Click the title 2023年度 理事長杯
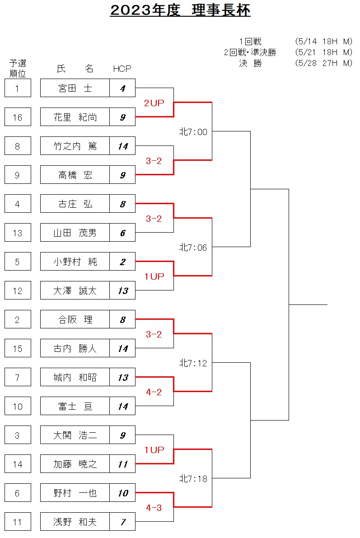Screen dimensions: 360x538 pos(180,10)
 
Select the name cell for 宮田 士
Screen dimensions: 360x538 pos(75,88)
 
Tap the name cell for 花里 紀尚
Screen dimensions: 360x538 pos(75,117)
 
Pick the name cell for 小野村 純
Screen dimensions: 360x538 pos(75,262)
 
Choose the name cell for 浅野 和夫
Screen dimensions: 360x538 pos(75,522)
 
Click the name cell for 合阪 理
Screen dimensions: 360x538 pos(75,319)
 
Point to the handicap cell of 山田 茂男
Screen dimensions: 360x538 pos(122,233)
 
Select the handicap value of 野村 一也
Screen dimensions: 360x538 pos(122,493)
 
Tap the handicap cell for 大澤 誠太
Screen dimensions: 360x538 pos(122,290)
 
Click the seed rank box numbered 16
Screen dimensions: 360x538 pos(18,117)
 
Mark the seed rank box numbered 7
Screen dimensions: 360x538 pos(18,377)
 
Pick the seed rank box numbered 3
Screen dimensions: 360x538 pos(18,435)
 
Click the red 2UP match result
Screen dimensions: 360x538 pos(154,103)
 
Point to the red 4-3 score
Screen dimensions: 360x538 pos(154,507)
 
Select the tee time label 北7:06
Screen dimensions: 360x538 pos(193,247)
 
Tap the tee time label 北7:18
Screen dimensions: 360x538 pos(193,478)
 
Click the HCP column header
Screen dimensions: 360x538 pos(122,69)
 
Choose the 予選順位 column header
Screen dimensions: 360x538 pos(18,68)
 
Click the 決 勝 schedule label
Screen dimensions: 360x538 pos(251,63)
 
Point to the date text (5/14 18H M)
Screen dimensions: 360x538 pos(323,42)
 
